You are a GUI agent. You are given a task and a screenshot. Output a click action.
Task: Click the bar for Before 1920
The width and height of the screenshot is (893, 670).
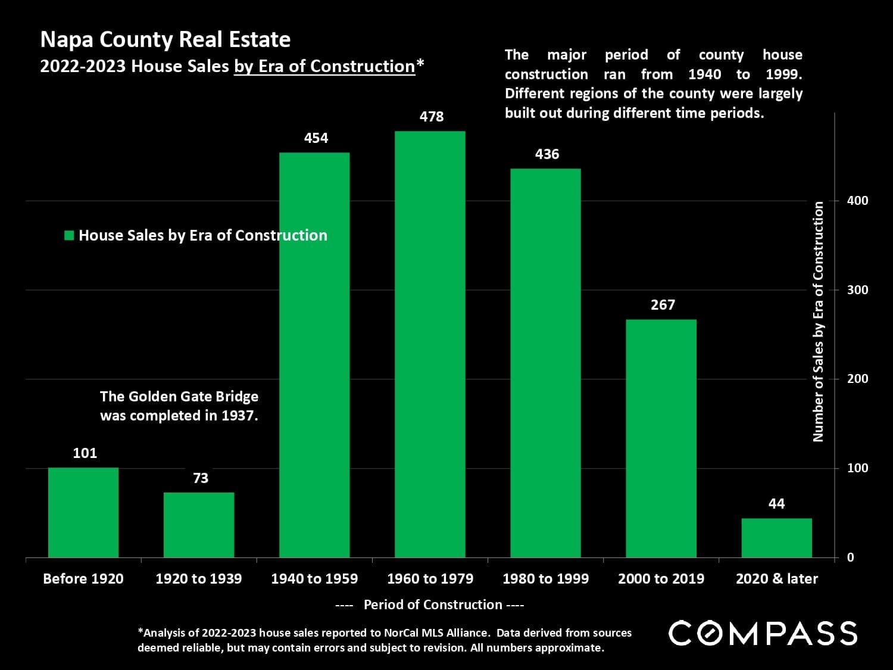point(83,512)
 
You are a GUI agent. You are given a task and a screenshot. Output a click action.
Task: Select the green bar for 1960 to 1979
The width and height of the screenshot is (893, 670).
point(430,344)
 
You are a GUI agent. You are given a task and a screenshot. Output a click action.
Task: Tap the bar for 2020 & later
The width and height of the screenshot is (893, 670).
point(776,538)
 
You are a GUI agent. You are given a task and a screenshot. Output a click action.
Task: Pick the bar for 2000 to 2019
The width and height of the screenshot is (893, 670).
point(661,438)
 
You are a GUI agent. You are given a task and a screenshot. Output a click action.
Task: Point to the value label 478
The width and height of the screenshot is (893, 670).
point(431,116)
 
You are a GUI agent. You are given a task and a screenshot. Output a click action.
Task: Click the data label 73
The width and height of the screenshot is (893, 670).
point(201,478)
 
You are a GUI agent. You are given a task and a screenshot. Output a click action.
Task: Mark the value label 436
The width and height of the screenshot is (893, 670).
point(547,154)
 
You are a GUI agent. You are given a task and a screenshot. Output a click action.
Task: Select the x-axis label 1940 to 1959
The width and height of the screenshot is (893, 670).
point(314,578)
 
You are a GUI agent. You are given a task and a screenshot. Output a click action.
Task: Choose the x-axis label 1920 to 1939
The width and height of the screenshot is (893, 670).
point(198,578)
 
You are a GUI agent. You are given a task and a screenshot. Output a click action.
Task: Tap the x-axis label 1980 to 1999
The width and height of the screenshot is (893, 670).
point(545,578)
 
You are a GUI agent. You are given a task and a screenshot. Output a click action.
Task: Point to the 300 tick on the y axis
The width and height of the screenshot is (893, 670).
point(857,290)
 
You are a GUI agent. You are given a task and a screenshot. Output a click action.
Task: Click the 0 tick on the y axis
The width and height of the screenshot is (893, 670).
point(850,557)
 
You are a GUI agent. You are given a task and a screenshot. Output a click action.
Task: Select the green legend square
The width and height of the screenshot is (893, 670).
point(69,235)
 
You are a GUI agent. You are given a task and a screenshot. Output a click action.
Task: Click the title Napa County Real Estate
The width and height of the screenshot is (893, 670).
point(165,39)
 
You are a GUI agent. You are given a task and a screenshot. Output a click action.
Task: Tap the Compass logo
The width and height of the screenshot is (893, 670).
point(763,633)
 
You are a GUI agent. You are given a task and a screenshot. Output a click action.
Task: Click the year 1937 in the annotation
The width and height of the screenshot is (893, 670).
point(239,416)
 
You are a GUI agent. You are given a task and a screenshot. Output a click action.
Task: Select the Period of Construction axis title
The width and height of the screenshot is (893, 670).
point(433,604)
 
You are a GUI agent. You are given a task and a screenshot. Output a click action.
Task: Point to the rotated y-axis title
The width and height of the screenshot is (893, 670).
point(818,322)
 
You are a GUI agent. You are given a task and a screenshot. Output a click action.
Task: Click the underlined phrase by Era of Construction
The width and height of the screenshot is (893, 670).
point(324,66)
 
